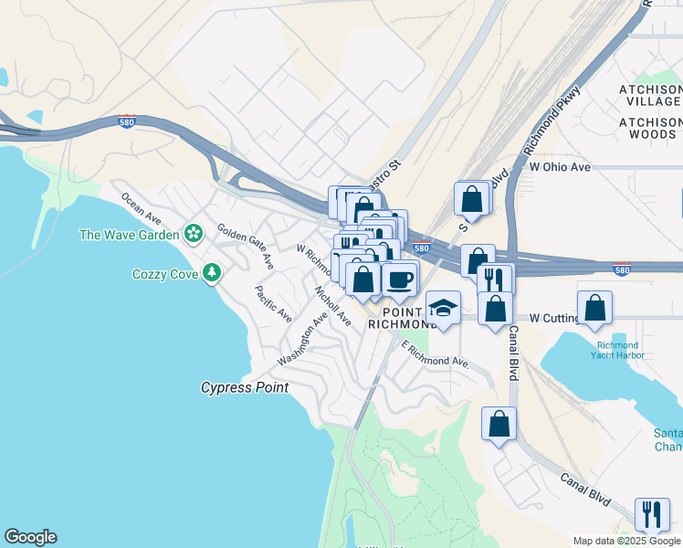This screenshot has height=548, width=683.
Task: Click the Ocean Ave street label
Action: click(141, 208)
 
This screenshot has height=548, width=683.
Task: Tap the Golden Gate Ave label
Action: click(246, 246)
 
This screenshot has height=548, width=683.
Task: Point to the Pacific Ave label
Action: click(273, 304)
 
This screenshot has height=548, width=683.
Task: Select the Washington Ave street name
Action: click(302, 340)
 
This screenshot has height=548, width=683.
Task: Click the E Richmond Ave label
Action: click(436, 355)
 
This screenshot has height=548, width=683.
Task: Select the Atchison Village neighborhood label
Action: click(650, 95)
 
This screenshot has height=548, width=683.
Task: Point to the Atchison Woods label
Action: click(650, 128)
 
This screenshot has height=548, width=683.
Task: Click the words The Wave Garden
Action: click(129, 235)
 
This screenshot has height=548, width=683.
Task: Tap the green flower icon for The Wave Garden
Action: click(193, 234)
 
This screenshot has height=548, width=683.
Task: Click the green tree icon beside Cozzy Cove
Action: click(212, 272)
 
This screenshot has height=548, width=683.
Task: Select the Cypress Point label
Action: click(245, 387)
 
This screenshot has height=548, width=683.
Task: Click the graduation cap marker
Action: click(443, 308)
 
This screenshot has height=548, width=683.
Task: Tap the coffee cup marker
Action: click(400, 278)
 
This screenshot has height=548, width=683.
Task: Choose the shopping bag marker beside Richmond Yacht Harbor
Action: click(594, 308)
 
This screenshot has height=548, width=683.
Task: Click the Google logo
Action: click(30, 537)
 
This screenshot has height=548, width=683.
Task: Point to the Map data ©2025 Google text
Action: click(625, 541)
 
